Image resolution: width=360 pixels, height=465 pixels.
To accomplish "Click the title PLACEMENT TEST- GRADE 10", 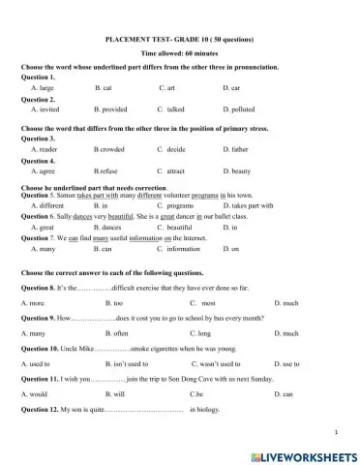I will (x=179, y=39).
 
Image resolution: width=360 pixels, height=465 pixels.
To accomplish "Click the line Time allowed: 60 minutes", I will (x=179, y=54).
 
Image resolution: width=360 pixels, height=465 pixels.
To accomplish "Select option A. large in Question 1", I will (x=43, y=87).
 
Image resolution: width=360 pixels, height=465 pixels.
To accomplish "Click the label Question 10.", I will (x=40, y=348).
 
